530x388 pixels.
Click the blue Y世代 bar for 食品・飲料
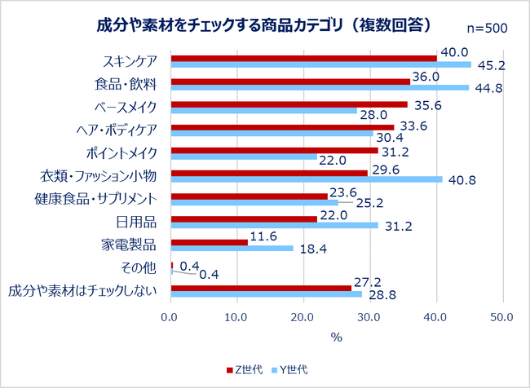[319, 87]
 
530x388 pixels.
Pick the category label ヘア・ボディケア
[121, 130]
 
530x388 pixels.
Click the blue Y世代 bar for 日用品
[274, 225]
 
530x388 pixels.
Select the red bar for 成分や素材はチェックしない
[260, 288]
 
